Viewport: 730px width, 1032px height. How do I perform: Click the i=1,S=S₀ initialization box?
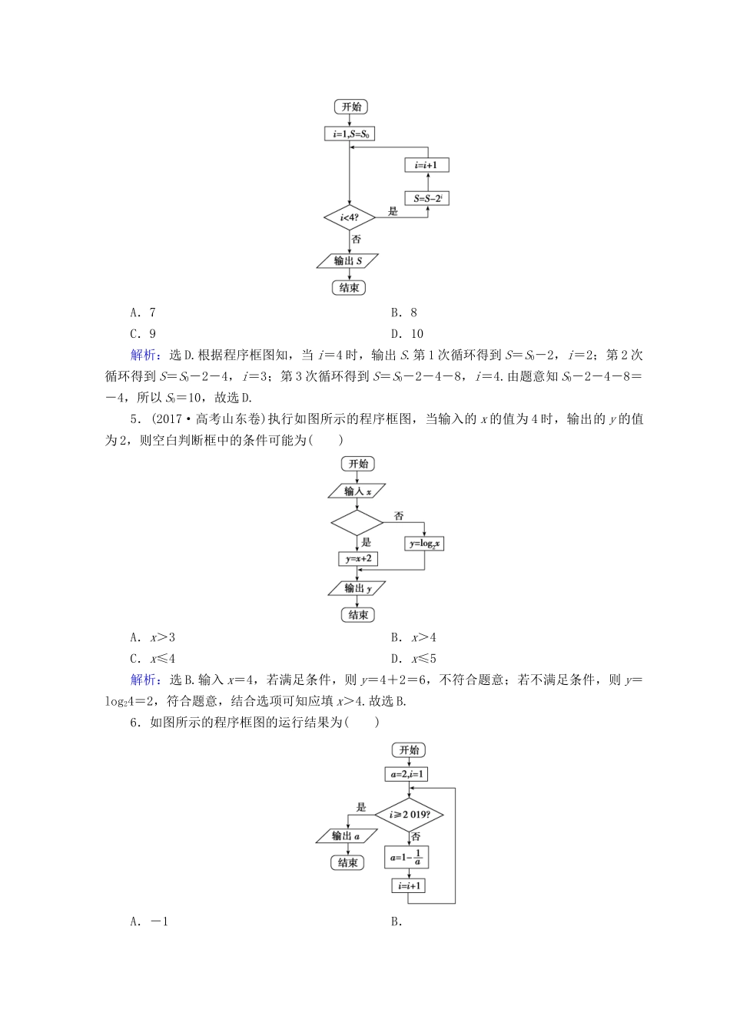(350, 134)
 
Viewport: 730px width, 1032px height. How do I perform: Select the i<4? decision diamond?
(349, 218)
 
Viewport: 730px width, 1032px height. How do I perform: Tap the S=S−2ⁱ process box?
(427, 198)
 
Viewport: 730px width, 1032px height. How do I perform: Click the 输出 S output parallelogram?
(349, 261)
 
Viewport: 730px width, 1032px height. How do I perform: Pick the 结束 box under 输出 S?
(349, 288)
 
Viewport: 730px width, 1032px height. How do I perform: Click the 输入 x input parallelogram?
(357, 491)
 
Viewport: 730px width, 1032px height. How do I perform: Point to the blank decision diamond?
(357, 523)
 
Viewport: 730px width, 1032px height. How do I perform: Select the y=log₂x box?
(424, 543)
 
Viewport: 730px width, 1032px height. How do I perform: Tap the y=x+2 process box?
(357, 559)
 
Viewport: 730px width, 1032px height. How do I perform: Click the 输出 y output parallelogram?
(357, 588)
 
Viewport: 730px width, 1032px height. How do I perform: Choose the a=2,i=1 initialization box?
(407, 775)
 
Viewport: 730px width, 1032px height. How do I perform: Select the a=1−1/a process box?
(407, 857)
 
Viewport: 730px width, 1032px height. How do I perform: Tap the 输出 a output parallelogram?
(347, 835)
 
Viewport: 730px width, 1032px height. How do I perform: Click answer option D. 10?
(407, 333)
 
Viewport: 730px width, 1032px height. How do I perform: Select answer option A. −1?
(149, 921)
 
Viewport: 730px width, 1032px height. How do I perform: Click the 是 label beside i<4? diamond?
(393, 211)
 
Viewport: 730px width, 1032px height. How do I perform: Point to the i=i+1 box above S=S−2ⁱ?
(427, 165)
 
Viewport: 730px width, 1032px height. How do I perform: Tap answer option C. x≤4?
(153, 659)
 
